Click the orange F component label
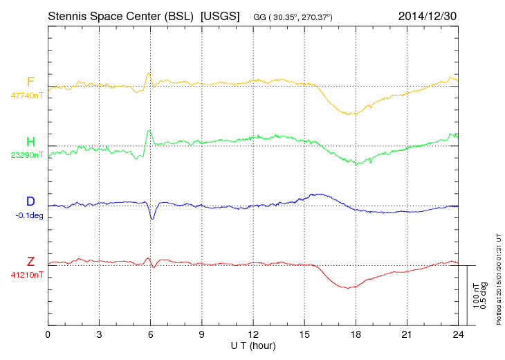click(30, 82)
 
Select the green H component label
click(30, 142)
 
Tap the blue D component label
click(30, 201)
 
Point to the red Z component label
click(30, 261)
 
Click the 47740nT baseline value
click(27, 96)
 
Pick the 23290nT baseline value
click(27, 155)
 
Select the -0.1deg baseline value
click(28, 215)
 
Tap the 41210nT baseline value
click(27, 274)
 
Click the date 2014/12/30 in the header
click(428, 15)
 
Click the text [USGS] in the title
click(219, 15)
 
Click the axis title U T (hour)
click(252, 345)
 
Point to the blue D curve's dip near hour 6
click(153, 219)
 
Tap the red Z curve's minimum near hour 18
click(350, 287)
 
